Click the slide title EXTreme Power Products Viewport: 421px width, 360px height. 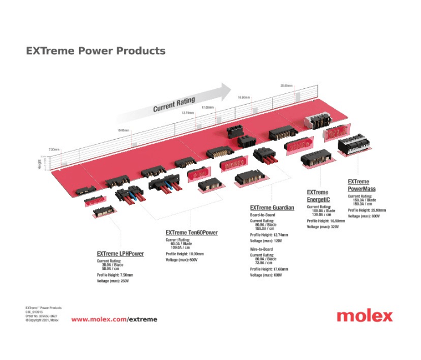[x=96, y=51]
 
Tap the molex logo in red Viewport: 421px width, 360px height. [x=364, y=316]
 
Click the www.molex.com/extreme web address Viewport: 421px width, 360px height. [x=114, y=319]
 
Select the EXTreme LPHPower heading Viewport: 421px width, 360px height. [x=120, y=254]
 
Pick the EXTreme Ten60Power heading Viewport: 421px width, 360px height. [x=192, y=233]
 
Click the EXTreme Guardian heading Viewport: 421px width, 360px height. [x=272, y=208]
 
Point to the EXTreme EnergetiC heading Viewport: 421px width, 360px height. [x=317, y=196]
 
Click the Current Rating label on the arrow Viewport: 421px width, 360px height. [x=174, y=105]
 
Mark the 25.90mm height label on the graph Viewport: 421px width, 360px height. [x=286, y=85]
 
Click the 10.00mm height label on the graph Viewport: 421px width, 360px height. [x=123, y=130]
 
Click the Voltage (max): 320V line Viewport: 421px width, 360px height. [x=322, y=226]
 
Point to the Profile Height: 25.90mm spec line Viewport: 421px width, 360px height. [x=367, y=211]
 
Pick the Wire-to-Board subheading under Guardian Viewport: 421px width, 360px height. [x=261, y=249]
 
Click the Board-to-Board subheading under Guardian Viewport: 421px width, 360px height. [x=262, y=215]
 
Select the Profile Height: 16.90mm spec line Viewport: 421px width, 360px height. [x=326, y=221]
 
